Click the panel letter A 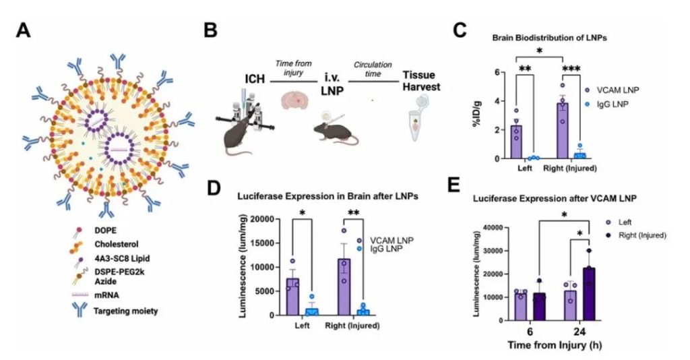tap(25, 30)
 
